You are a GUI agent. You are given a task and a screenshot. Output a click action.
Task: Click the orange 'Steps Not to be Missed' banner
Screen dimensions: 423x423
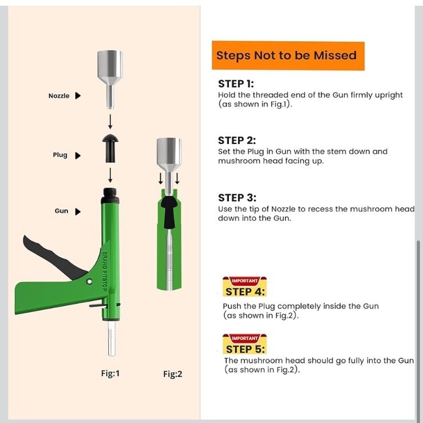(x=288, y=55)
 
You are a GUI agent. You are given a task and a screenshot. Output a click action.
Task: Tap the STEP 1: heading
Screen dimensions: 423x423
(x=236, y=83)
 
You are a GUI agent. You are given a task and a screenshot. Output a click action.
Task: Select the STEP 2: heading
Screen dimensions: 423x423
(x=236, y=140)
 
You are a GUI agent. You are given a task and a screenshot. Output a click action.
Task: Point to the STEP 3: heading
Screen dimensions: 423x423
(x=237, y=197)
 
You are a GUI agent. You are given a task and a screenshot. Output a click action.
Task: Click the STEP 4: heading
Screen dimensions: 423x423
(x=245, y=292)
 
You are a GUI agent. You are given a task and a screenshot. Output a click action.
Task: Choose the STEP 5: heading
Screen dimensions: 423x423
(x=245, y=349)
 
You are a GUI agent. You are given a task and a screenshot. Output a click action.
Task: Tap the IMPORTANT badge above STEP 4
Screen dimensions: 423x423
(x=245, y=281)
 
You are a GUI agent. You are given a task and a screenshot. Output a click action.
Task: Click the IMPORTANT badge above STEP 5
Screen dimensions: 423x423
(x=245, y=338)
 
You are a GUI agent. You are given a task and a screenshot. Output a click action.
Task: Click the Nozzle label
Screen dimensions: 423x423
(x=59, y=96)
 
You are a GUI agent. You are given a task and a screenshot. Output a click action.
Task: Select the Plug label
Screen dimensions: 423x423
(x=60, y=155)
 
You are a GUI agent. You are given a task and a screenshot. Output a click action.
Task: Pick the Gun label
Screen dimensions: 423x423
(x=61, y=211)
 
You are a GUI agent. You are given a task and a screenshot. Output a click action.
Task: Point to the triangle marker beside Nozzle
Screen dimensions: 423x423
(x=78, y=96)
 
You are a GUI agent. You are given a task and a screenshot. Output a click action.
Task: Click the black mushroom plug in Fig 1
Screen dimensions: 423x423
(x=110, y=148)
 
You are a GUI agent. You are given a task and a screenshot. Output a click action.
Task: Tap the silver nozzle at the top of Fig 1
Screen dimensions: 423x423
(x=110, y=79)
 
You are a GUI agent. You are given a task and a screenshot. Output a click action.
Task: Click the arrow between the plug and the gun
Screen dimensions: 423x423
(x=110, y=175)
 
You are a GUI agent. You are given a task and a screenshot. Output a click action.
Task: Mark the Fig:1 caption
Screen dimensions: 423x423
(x=110, y=373)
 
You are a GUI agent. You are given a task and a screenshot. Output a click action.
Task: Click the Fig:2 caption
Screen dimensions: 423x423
(x=173, y=374)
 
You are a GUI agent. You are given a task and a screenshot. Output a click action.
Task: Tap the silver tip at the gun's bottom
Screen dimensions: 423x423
(x=112, y=338)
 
